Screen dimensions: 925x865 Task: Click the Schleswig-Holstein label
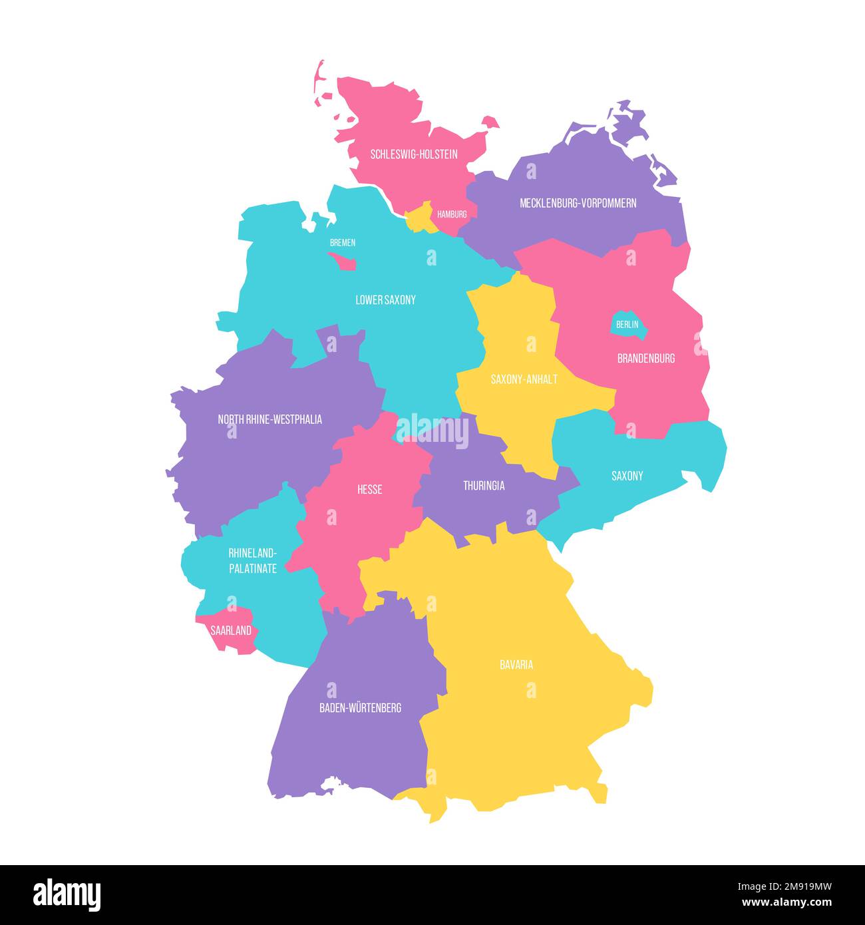click(x=414, y=154)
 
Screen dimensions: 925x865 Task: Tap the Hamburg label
click(x=452, y=214)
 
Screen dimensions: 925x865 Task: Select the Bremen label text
click(x=343, y=243)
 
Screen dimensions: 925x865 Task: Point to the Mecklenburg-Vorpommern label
click(x=578, y=203)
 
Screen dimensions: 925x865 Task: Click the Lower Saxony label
click(x=385, y=300)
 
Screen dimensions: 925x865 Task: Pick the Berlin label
click(x=627, y=325)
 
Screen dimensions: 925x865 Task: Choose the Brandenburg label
click(x=645, y=358)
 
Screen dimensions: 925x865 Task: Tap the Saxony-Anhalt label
click(x=524, y=379)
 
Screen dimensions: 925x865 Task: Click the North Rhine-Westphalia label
click(x=269, y=419)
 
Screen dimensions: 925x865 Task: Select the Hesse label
click(x=369, y=490)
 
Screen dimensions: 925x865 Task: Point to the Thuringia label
click(x=484, y=486)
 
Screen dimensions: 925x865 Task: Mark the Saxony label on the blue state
click(x=627, y=476)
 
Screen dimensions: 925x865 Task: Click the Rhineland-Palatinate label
click(x=252, y=561)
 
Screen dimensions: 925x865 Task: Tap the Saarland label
click(x=231, y=630)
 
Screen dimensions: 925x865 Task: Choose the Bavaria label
click(x=516, y=665)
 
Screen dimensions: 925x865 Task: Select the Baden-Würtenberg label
click(x=360, y=708)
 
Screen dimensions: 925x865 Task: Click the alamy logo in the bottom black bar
click(x=67, y=895)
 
